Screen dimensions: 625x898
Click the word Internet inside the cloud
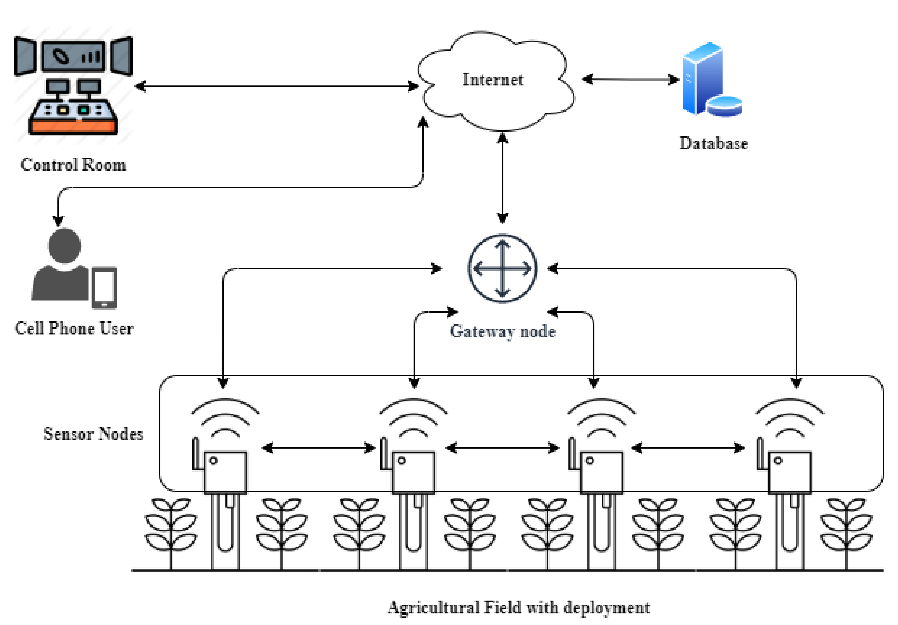tap(492, 80)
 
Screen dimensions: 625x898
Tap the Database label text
tap(714, 143)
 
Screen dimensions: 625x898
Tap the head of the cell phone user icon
tap(64, 245)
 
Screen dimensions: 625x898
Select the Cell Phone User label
tap(74, 328)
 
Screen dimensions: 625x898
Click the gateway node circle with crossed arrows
tap(502, 269)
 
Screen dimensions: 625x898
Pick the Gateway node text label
tap(502, 331)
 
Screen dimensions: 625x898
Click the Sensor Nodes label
tap(93, 434)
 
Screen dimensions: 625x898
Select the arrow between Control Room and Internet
tap(276, 86)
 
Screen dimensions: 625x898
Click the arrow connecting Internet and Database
tap(630, 80)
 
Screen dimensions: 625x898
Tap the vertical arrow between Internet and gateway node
tap(502, 178)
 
